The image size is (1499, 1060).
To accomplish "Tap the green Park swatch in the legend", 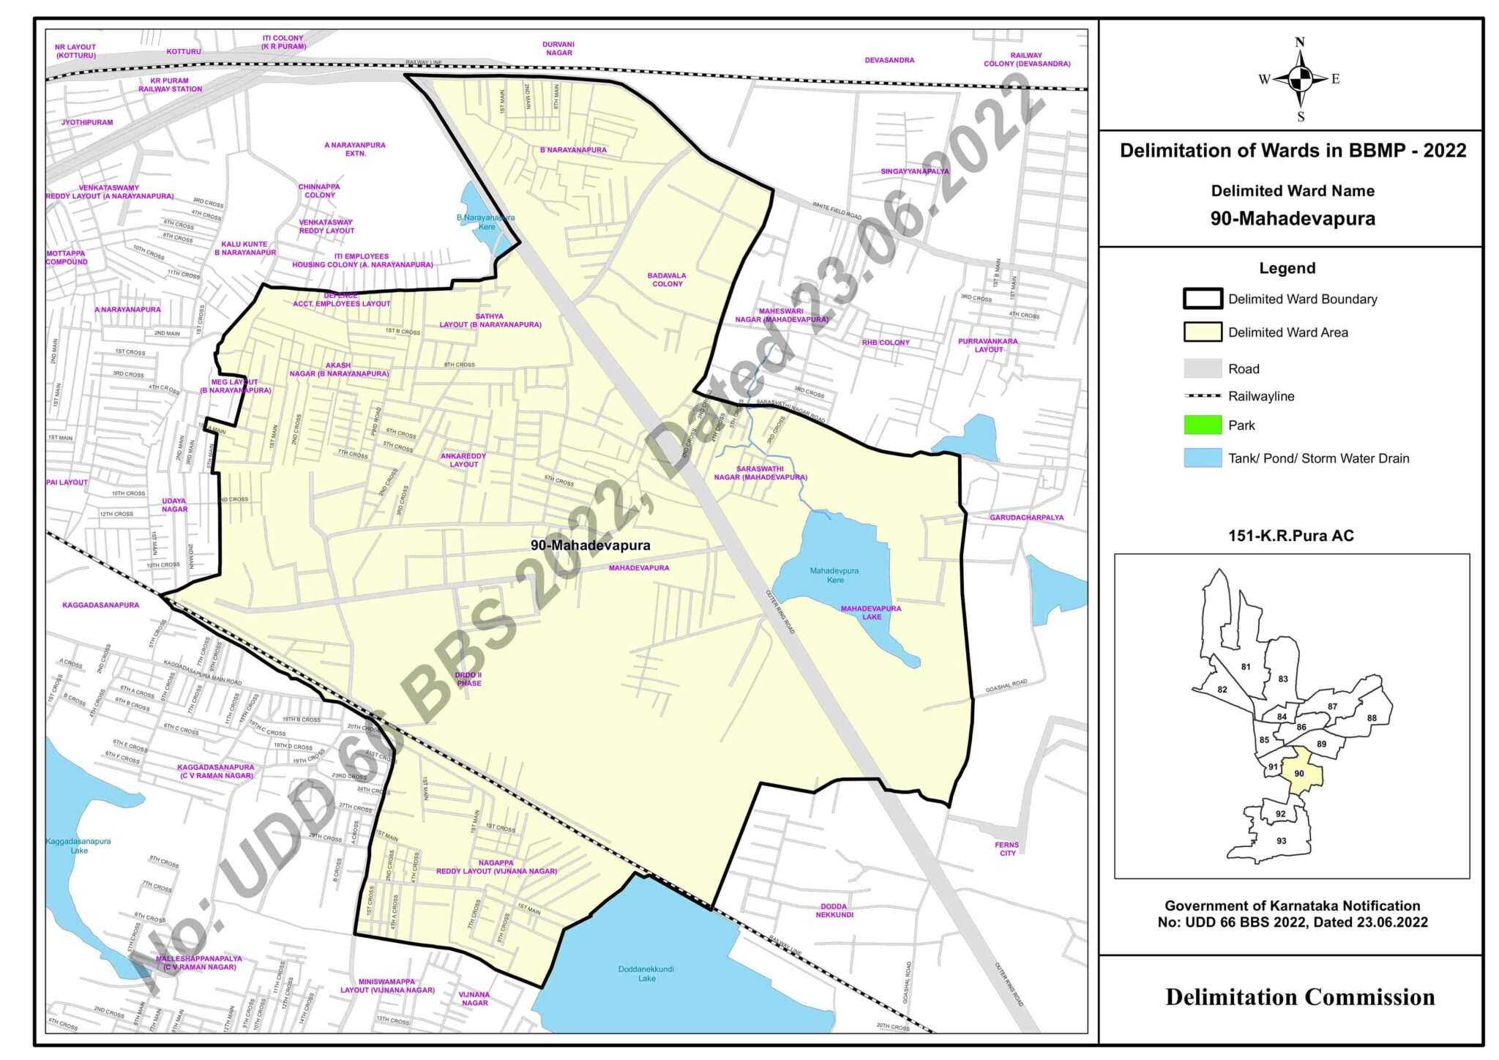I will pos(1203,425).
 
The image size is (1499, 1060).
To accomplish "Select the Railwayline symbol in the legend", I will pos(1203,396).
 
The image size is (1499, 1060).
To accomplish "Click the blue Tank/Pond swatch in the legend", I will pos(1203,458).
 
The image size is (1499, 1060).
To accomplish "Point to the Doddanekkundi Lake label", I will pos(646,974).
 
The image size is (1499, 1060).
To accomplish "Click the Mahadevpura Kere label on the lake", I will pos(834,575).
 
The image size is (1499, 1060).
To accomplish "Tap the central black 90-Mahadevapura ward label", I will pos(590,545).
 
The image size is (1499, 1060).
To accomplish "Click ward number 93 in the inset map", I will pos(1281,841).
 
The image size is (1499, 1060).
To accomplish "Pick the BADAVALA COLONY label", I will pos(667,280).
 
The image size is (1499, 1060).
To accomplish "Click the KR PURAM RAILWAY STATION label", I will pos(170,85).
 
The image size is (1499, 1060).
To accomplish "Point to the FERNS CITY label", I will pos(1006,849).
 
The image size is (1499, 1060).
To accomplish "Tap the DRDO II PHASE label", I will pos(468,679).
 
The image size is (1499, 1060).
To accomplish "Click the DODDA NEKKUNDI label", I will pos(834,911).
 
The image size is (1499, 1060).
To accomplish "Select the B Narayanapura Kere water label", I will pos(485,222).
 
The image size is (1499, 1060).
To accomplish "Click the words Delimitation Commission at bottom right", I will pos(1300,997).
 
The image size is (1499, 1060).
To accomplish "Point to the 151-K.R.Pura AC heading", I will pos(1291,536).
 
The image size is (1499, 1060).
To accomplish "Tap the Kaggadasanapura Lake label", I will pos(78,846).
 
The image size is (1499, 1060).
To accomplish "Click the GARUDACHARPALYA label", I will pos(1026,518).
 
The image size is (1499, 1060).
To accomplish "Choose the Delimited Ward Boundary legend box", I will pos(1203,299).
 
